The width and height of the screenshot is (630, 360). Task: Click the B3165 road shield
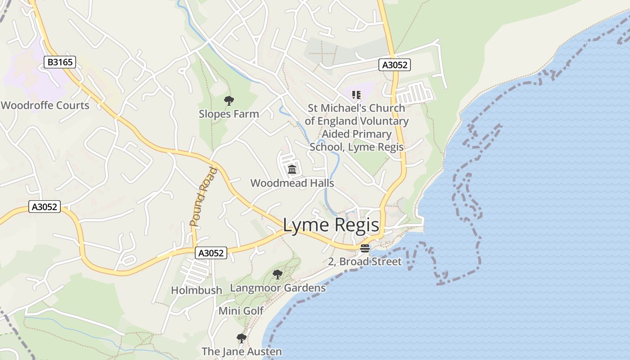tap(60, 62)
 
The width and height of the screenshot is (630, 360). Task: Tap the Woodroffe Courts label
tap(45, 105)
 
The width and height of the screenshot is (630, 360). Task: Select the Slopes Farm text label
tap(229, 114)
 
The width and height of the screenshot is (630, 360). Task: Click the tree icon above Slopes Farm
tap(229, 100)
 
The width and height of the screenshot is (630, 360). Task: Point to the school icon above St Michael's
tap(356, 95)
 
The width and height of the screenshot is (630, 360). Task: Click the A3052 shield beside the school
tap(394, 65)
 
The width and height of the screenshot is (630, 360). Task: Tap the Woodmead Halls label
tap(292, 183)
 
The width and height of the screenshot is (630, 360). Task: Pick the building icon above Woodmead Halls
tap(292, 170)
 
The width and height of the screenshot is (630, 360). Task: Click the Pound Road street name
tap(203, 197)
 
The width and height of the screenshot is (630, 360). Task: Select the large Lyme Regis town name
tap(331, 225)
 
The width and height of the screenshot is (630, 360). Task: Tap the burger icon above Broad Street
tap(365, 248)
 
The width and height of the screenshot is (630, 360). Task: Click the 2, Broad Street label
tap(365, 261)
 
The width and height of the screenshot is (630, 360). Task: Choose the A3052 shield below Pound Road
tap(211, 253)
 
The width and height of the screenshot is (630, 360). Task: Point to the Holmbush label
tap(197, 290)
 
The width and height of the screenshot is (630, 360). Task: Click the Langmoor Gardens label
tap(278, 288)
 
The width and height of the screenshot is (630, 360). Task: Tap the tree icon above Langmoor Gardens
tap(278, 274)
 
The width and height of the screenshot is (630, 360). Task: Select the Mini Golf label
tap(241, 311)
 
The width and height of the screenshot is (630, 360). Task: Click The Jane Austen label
tap(242, 351)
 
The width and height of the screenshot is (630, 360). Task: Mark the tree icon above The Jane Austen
tap(242, 338)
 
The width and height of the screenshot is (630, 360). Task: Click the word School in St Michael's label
tap(328, 147)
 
